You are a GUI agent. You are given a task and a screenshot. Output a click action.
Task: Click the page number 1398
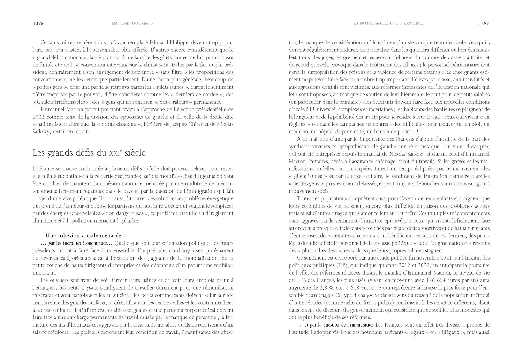coord(38,23)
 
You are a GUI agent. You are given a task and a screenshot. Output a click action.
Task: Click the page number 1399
coord(484,23)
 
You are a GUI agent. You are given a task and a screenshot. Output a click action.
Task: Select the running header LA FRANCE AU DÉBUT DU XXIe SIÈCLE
coord(389,23)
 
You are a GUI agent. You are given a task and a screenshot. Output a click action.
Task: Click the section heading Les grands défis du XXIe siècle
coord(89,153)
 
